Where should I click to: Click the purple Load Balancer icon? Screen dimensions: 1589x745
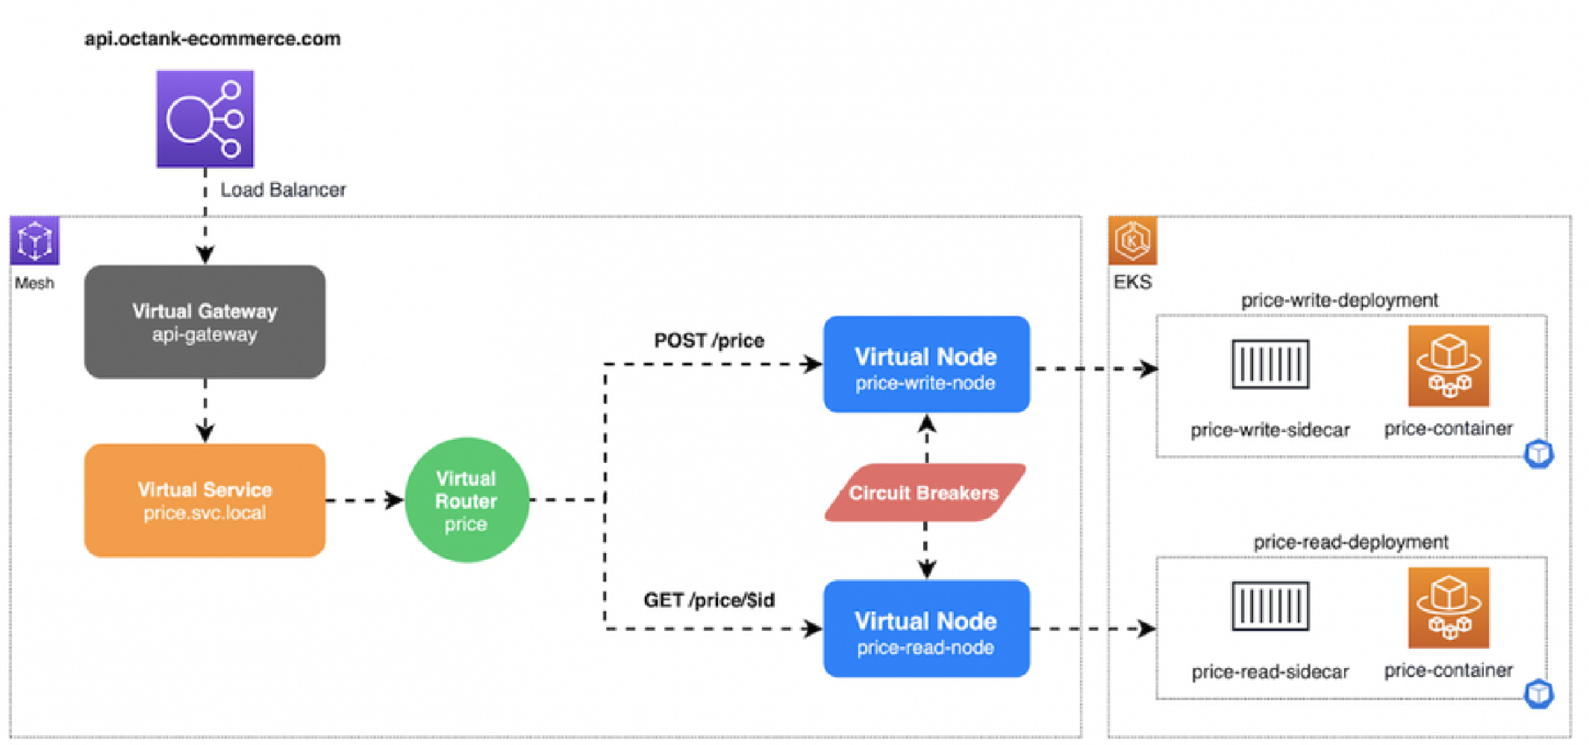(x=205, y=119)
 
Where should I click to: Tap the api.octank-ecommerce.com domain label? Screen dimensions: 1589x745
(x=212, y=39)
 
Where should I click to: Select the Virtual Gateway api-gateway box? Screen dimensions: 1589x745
(x=205, y=322)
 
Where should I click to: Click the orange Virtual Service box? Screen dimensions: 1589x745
(x=205, y=500)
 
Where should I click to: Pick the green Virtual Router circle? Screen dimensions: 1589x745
(x=466, y=500)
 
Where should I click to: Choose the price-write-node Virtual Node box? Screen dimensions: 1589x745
(x=926, y=364)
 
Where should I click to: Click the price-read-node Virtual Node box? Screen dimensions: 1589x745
(x=926, y=629)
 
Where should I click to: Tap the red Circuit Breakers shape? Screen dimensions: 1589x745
(x=925, y=493)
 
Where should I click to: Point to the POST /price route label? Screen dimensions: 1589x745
(x=709, y=341)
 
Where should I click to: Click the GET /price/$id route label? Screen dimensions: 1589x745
(x=709, y=600)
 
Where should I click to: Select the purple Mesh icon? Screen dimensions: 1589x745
(x=34, y=240)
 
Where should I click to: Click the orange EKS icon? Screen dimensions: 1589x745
(x=1132, y=240)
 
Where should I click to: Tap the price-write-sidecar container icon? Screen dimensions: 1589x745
(x=1270, y=364)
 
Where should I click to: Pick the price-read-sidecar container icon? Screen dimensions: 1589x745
(x=1270, y=606)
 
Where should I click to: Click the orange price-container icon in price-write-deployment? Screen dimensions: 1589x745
(x=1449, y=366)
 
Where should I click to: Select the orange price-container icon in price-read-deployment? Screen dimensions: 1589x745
(x=1449, y=608)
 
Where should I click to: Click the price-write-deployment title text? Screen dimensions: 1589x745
(x=1340, y=300)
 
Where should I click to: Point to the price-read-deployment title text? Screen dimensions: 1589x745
(x=1351, y=542)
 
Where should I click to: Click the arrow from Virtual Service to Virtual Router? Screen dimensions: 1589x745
(x=365, y=500)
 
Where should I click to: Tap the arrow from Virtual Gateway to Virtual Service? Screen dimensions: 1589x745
(x=205, y=411)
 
